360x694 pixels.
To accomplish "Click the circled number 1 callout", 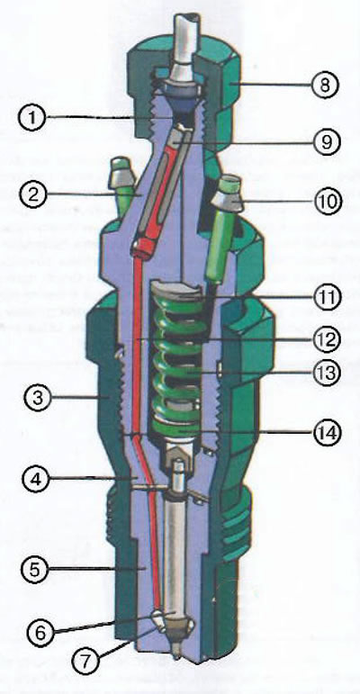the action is tap(31, 118).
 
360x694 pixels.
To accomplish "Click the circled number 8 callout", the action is tap(325, 85).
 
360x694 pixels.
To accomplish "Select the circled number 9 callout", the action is tap(326, 141).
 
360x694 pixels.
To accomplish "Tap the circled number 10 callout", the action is tap(327, 202).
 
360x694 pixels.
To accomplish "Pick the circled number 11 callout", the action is tap(327, 296).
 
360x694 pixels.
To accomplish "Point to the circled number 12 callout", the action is tap(327, 338).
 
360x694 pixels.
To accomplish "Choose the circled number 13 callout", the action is tap(327, 373).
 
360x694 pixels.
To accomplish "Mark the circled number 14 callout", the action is tap(327, 431).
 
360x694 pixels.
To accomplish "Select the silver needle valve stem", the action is tap(176, 559).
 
